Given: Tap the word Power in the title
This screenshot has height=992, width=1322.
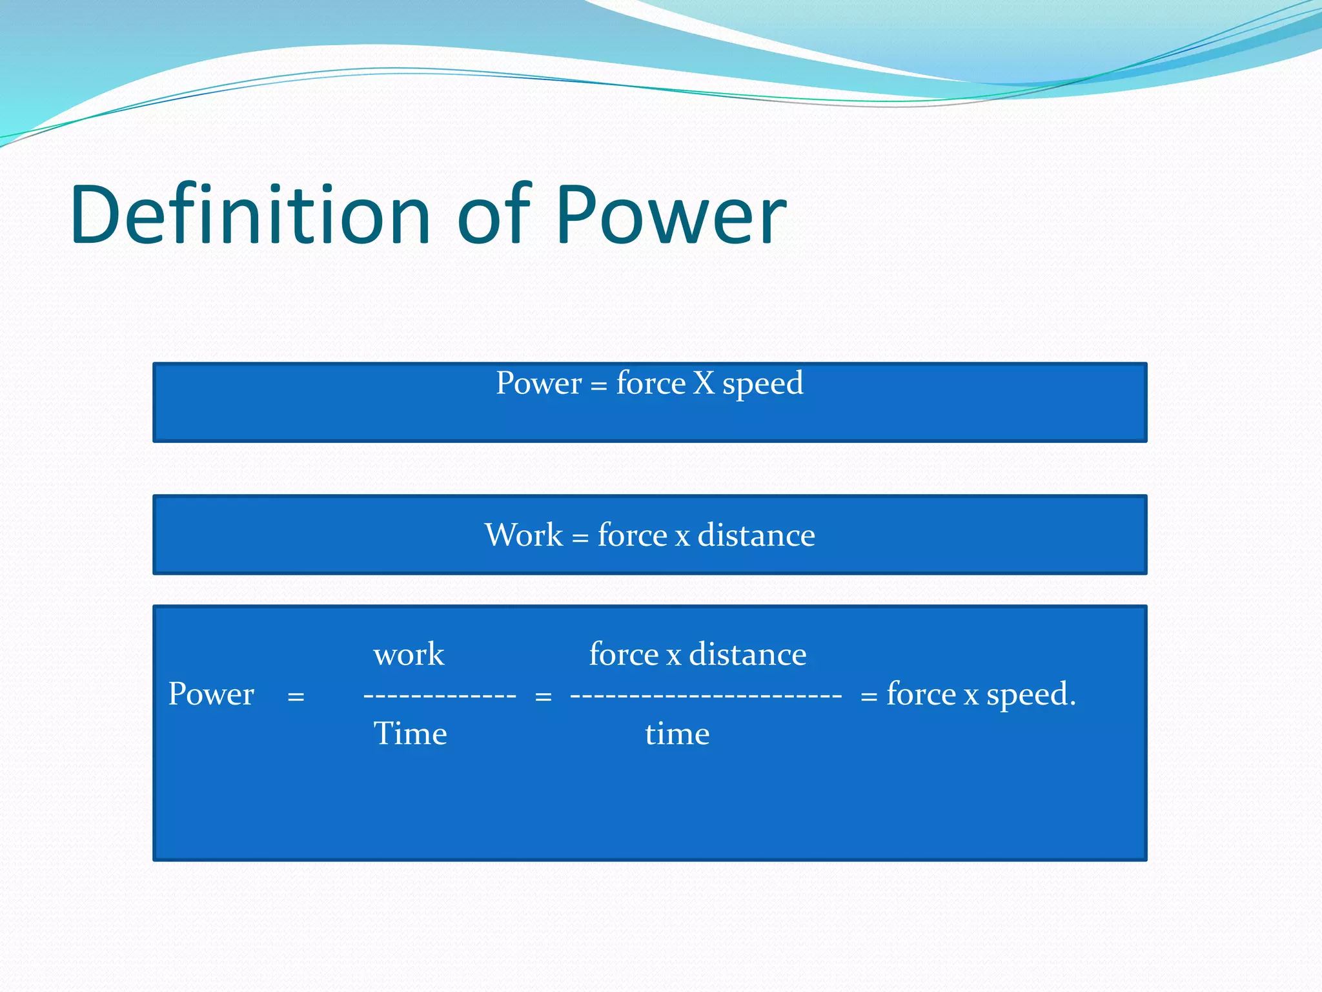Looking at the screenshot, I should point(671,215).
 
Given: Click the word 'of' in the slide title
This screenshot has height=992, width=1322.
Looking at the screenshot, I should point(494,215).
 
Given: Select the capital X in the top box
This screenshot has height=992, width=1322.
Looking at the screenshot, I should point(704,383).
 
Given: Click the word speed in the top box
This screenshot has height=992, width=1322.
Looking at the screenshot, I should point(762,385).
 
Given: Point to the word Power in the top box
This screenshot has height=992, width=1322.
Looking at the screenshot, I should point(539,383).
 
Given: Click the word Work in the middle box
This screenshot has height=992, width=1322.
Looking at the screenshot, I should point(524,535).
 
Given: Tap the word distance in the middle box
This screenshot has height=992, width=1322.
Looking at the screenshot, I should point(756,535).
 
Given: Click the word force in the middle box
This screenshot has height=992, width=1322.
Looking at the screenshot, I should point(632,535).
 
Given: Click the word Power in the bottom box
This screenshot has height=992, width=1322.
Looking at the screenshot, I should point(211,694).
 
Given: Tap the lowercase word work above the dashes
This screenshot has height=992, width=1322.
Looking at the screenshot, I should point(409,654).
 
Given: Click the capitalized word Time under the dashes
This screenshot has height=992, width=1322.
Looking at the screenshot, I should point(410,734).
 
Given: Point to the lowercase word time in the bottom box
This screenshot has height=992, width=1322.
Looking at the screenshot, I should point(677,734).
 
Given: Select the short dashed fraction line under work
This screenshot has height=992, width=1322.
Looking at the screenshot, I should point(440,696).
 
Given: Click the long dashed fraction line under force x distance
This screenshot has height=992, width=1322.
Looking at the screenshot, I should point(706,696).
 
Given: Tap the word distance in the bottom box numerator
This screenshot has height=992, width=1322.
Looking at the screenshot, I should point(747,654).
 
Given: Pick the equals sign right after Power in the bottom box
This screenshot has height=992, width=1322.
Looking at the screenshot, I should point(296,697).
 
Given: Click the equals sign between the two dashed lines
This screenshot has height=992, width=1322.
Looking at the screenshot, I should point(544,697).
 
